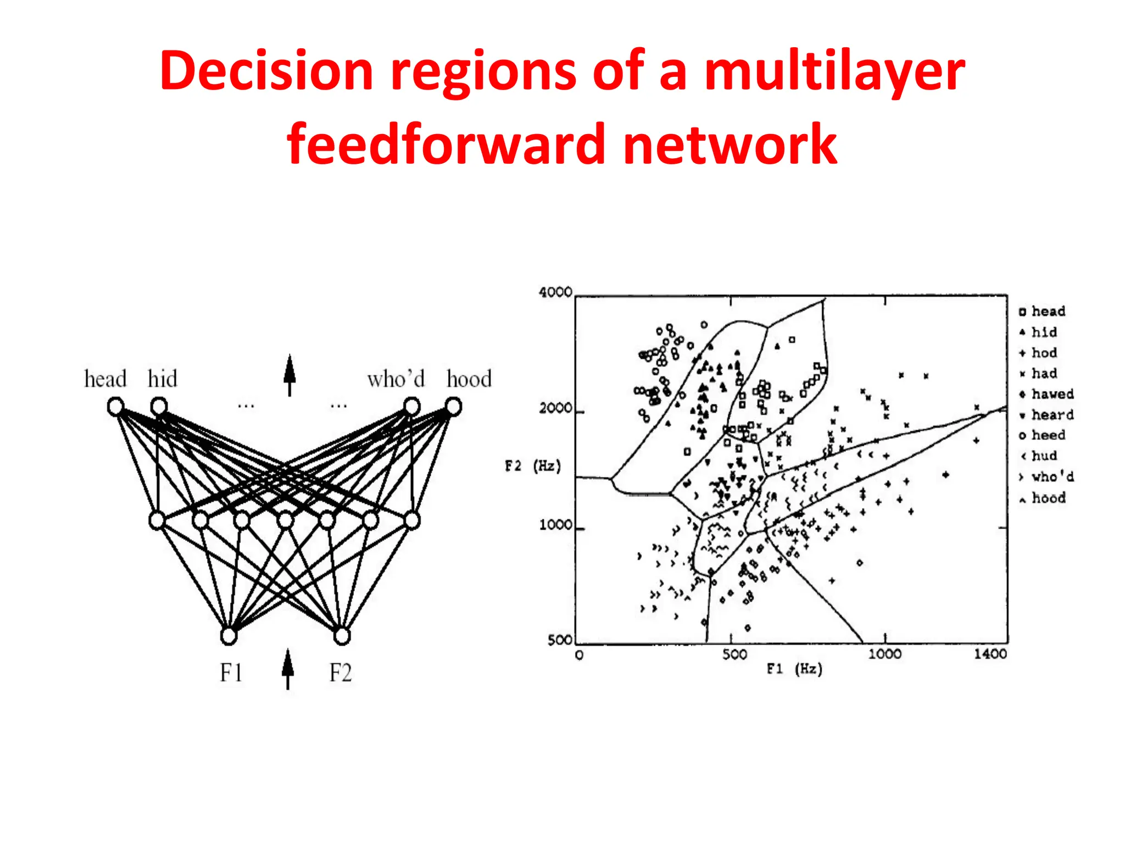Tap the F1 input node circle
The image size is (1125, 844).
229,636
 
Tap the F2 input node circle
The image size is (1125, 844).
342,636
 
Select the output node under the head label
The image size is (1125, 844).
115,407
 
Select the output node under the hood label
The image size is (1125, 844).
453,407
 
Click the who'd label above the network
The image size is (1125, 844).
396,379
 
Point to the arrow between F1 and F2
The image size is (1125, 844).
287,668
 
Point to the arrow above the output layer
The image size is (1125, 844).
289,375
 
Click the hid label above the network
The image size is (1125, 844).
162,379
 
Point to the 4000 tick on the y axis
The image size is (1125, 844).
555,292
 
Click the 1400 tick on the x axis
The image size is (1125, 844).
990,654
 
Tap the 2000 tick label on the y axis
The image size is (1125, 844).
555,409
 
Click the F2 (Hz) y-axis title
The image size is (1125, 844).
533,467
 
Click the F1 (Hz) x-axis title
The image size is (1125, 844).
795,669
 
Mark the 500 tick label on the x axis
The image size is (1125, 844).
734,654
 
